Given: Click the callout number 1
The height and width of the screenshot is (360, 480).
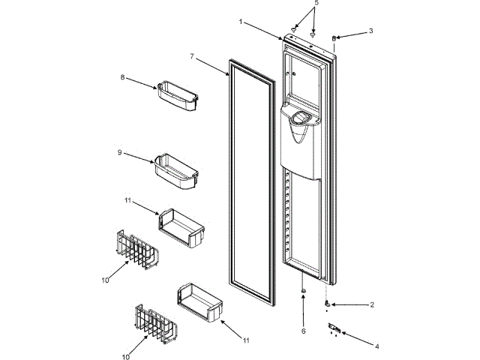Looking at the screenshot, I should coord(241,22).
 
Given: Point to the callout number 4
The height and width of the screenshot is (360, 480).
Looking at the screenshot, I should coord(376,347).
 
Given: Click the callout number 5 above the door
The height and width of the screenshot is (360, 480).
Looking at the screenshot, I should coord(316,3).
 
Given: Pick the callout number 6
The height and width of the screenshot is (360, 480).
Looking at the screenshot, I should coord(304,331).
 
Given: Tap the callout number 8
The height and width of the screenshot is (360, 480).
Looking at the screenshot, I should coord(122,76).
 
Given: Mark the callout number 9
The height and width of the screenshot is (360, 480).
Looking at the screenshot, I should coord(119,152).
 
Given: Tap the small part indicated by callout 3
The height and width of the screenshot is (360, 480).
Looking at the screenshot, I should coord(334,37).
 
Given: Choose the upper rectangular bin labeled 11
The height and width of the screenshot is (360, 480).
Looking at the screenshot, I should coord(181,226).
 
